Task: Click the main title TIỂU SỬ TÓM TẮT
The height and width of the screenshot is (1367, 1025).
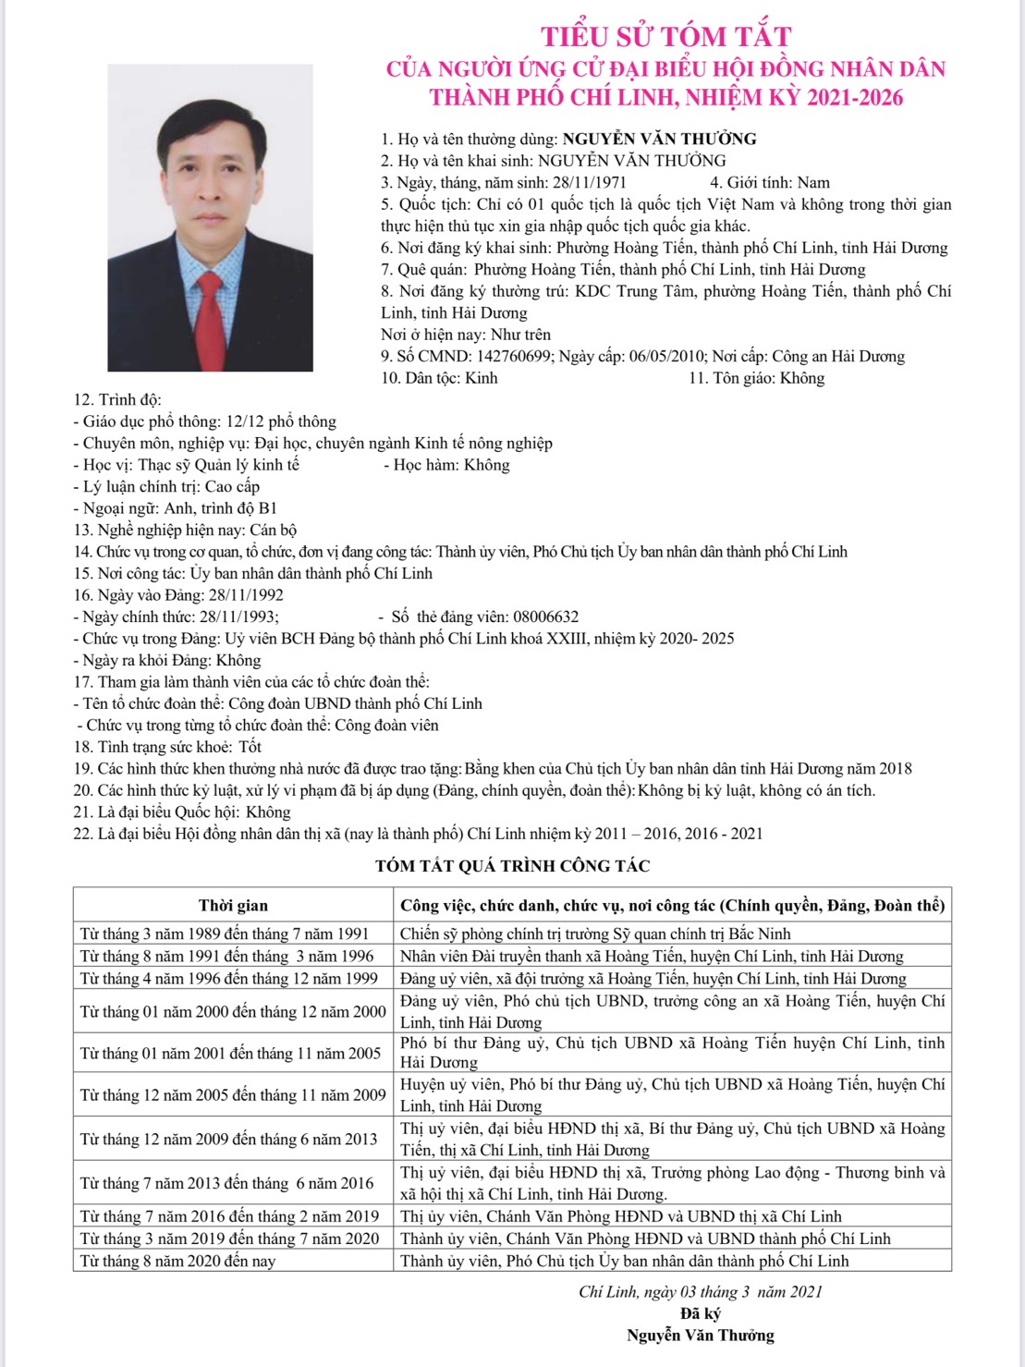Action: click(665, 36)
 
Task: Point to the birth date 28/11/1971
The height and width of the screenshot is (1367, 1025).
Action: click(590, 183)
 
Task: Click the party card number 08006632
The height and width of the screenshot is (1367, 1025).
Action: click(545, 616)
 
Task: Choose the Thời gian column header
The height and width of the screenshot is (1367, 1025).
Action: click(233, 906)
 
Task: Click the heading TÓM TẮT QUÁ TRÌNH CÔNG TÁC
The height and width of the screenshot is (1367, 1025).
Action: click(512, 866)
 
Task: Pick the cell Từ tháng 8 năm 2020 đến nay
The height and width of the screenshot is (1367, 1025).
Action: click(177, 1261)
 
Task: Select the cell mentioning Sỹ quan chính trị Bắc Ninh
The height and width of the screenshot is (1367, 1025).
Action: click(595, 934)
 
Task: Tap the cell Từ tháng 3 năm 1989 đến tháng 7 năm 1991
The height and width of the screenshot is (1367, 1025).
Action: click(224, 934)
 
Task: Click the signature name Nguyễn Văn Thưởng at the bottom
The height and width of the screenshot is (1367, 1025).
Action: click(700, 1335)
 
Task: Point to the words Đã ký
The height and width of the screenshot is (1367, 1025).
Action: click(700, 1313)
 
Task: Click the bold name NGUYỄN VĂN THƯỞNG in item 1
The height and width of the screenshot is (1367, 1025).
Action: click(659, 140)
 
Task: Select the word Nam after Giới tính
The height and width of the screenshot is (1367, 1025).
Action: click(813, 183)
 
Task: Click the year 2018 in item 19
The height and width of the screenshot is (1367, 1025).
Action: click(895, 768)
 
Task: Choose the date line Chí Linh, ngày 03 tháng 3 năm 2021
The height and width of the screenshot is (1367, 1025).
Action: click(700, 1291)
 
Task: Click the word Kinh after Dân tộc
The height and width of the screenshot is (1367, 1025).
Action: click(481, 378)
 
